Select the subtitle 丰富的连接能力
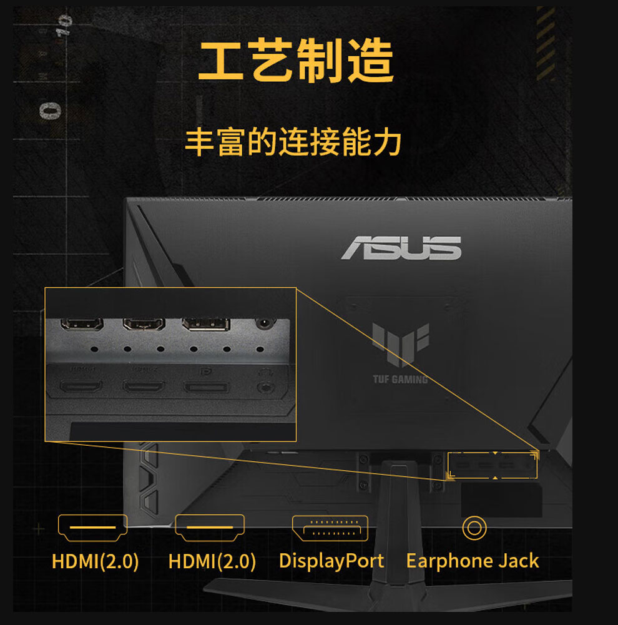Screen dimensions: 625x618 click(x=293, y=143)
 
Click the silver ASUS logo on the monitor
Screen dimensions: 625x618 click(x=401, y=248)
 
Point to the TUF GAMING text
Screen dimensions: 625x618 click(x=400, y=379)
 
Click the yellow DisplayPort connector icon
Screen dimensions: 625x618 click(x=330, y=528)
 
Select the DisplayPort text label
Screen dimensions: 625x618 click(x=331, y=561)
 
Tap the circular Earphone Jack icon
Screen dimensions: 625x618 click(x=474, y=528)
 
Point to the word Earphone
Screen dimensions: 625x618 click(x=444, y=561)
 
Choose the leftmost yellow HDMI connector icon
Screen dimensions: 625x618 click(x=92, y=528)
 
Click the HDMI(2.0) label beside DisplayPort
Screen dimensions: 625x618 click(x=212, y=561)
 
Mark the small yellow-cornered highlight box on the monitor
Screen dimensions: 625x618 click(x=493, y=465)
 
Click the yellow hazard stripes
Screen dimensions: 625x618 click(x=545, y=44)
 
